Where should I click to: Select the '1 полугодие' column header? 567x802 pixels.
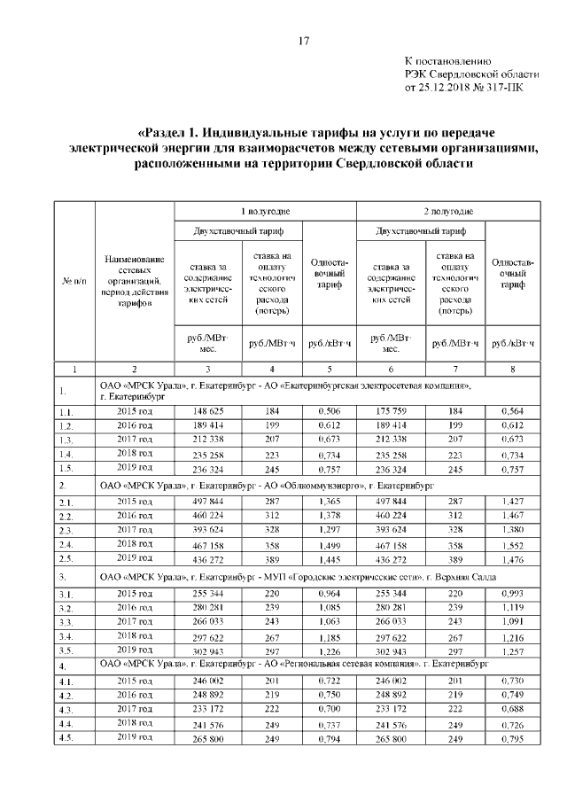(267, 211)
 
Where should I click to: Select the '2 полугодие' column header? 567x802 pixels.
(447, 211)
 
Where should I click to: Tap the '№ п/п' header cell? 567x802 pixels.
(74, 280)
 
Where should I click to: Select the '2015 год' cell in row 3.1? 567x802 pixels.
(134, 593)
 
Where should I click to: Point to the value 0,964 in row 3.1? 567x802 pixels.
(330, 593)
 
